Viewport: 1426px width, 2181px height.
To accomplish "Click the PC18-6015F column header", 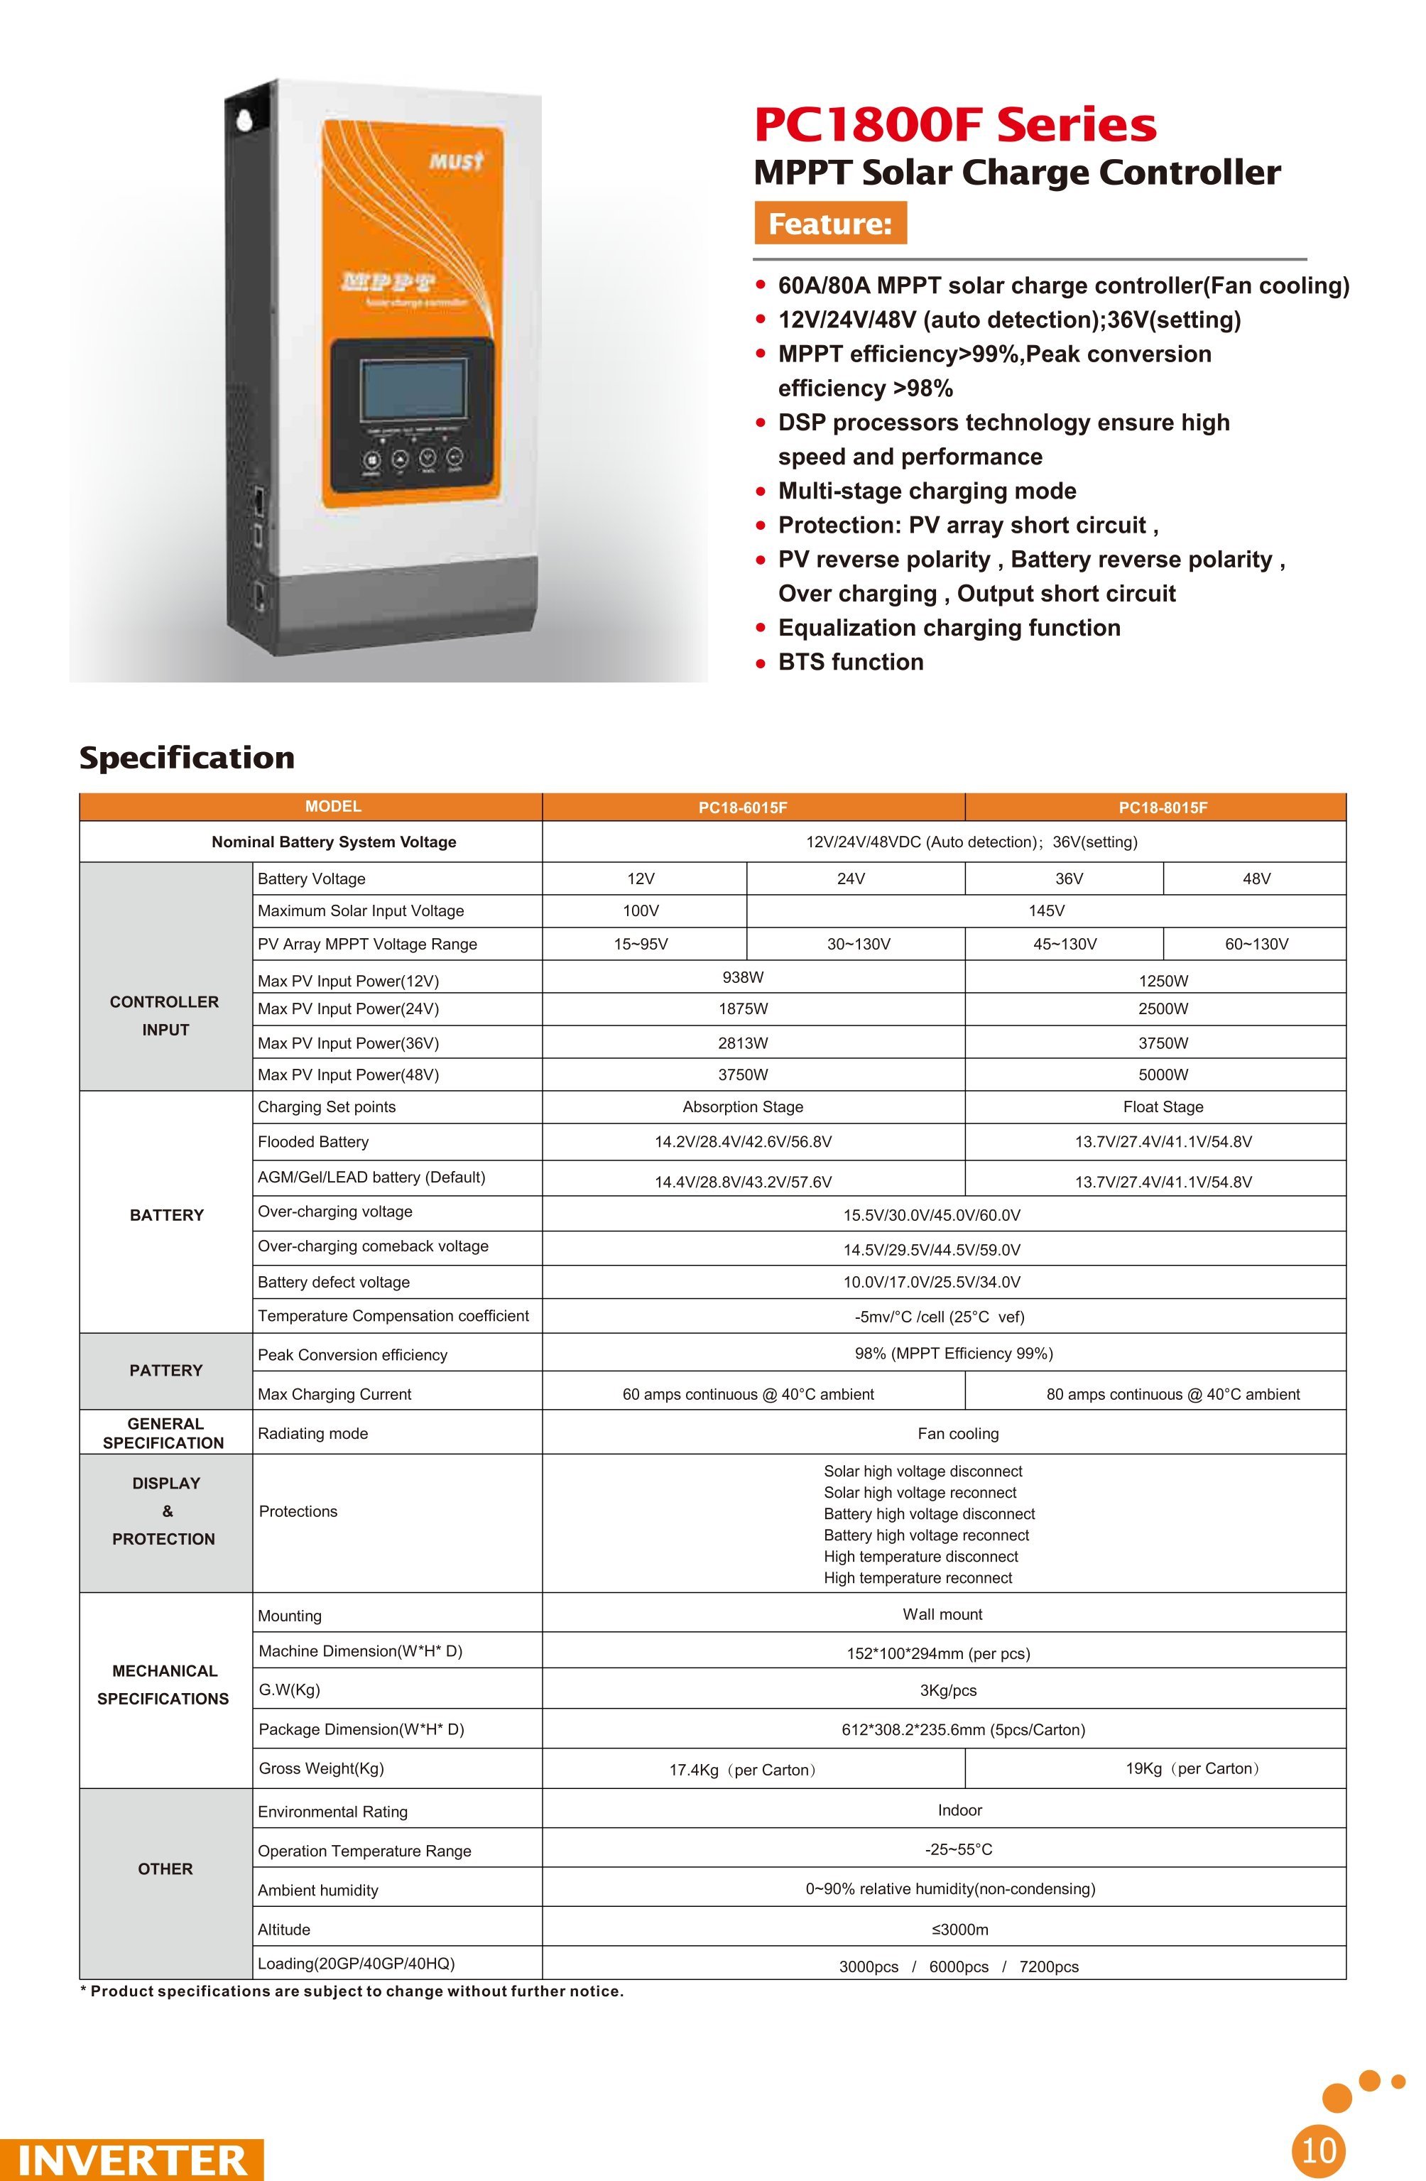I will [x=742, y=807].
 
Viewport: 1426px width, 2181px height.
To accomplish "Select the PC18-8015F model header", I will [x=1162, y=807].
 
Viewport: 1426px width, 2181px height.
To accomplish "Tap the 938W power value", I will [x=742, y=977].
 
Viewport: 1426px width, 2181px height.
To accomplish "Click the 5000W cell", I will [x=1162, y=1074].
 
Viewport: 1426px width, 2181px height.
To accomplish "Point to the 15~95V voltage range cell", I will [x=641, y=944].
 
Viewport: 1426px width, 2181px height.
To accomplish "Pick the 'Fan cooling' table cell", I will [x=958, y=1433].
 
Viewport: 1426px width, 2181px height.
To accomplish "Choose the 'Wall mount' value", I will [x=942, y=1614].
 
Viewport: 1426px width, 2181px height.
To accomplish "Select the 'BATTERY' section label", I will [x=166, y=1215].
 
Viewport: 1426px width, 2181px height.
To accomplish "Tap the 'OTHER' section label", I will [x=165, y=1869].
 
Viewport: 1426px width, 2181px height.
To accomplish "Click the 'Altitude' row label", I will [x=284, y=1929].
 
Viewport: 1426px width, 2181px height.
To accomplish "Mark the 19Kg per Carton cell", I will [x=1192, y=1768].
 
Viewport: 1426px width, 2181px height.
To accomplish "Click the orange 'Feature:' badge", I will [x=829, y=224].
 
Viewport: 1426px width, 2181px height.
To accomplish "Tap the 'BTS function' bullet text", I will [x=851, y=663].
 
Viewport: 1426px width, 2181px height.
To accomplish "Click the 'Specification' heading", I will [x=187, y=758].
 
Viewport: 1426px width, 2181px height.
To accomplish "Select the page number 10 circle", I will [x=1319, y=2149].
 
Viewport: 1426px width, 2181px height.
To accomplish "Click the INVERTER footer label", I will [x=132, y=2159].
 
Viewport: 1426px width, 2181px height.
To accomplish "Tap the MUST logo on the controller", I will [x=455, y=162].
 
